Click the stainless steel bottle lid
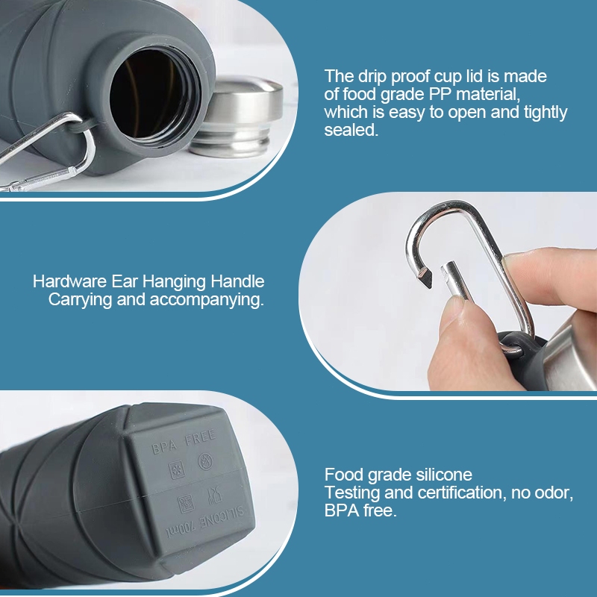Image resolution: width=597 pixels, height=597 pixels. (x=237, y=116)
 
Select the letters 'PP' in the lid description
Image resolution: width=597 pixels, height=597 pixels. (x=440, y=94)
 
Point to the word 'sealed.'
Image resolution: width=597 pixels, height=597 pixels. (x=351, y=130)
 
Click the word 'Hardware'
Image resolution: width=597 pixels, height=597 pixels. (x=69, y=281)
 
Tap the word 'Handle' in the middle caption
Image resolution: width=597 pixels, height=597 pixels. (x=237, y=281)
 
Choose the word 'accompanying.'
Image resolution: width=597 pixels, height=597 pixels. (x=207, y=300)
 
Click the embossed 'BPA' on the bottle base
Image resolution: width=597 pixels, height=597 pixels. (x=164, y=446)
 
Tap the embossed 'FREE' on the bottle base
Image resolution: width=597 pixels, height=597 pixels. (x=200, y=437)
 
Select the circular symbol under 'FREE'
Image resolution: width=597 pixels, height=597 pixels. (x=206, y=461)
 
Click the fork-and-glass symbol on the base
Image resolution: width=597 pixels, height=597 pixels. (x=215, y=496)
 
